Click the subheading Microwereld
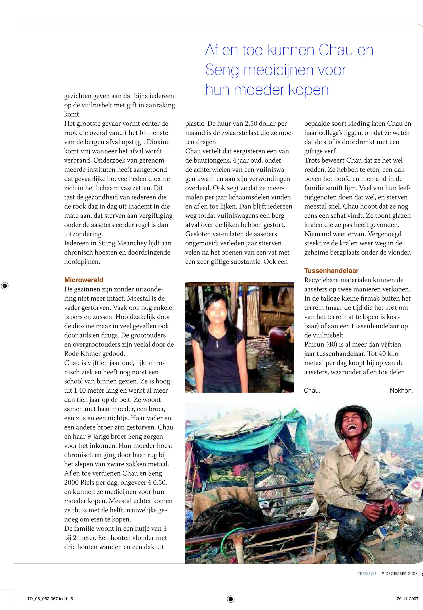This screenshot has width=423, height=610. (83, 280)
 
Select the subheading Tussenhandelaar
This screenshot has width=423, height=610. (331, 271)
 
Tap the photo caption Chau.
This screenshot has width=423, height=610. (312, 391)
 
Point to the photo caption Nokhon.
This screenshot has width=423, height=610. (401, 391)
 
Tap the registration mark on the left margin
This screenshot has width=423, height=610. (5, 286)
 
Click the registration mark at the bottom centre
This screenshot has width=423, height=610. (231, 598)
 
